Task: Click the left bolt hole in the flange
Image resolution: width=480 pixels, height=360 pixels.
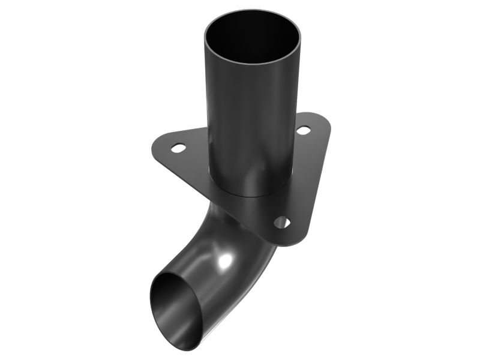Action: (178, 146)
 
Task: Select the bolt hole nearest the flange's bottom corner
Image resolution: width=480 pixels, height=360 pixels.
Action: (281, 222)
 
